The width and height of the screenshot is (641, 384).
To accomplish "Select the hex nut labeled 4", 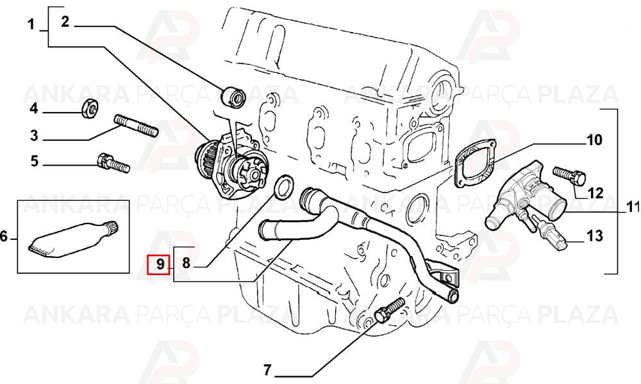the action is pos(90,108).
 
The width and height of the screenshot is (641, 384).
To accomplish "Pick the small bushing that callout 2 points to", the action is pos(232,97).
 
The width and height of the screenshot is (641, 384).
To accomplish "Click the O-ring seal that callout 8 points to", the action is pos(283,188).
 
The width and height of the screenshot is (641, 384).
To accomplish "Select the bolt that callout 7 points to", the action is pos(389,310).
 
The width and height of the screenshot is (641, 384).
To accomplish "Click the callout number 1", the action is pos(31,25).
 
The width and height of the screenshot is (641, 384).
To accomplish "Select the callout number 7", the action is pos(267,371).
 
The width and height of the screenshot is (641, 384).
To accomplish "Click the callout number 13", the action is pos(594,236).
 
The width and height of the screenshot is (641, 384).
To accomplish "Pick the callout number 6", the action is pos(4,236).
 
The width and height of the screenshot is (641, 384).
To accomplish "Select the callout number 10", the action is pos(594,140).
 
